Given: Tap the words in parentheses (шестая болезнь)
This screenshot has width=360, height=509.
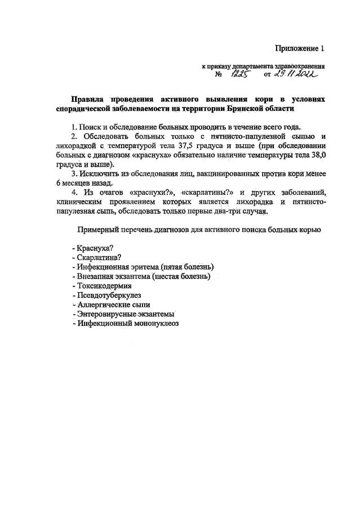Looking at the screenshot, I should click(181, 276).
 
